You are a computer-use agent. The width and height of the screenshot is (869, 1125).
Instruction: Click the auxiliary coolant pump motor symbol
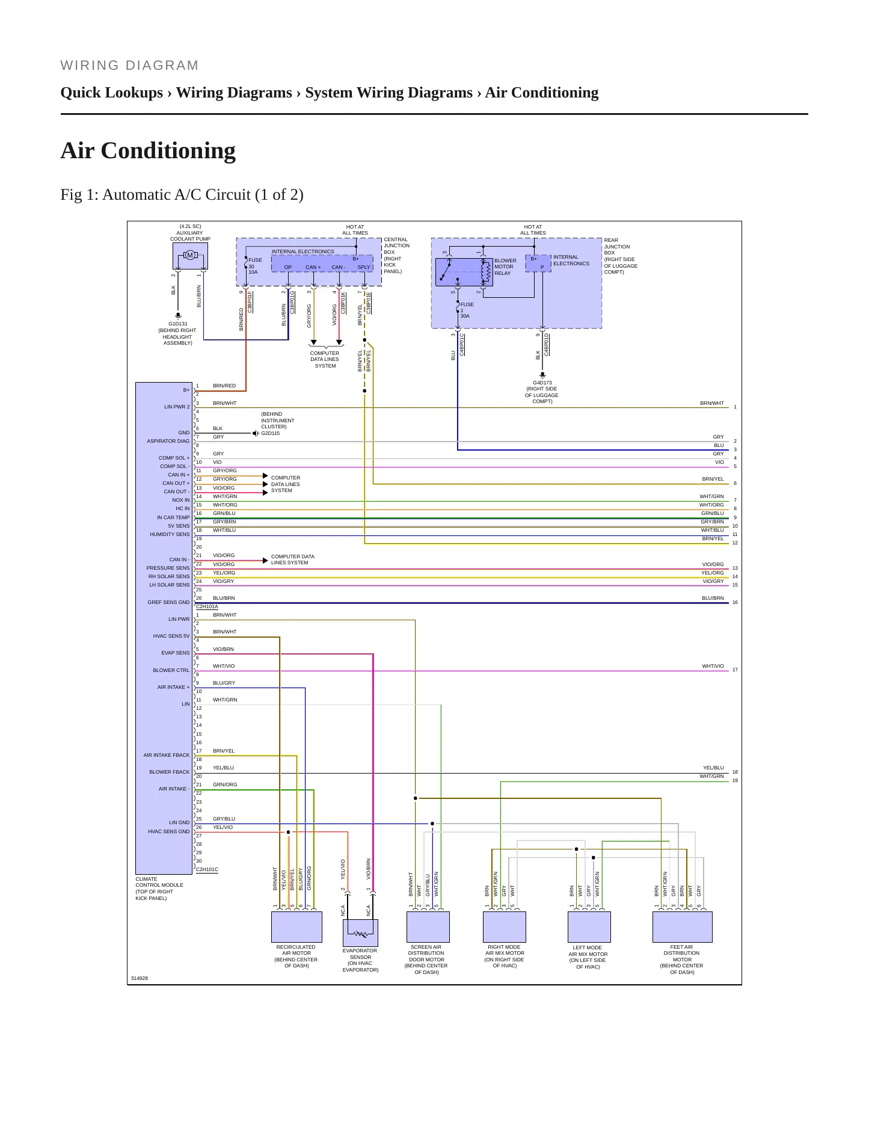point(190,256)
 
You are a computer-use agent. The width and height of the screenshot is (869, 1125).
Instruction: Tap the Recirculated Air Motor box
point(296,927)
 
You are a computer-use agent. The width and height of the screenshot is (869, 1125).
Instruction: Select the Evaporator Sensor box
point(360,932)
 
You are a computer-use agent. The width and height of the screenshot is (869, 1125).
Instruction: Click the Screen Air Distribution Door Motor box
point(428,927)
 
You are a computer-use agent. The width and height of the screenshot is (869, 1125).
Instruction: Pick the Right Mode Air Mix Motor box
point(505,927)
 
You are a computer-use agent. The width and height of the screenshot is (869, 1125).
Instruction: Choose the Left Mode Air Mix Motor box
point(589,927)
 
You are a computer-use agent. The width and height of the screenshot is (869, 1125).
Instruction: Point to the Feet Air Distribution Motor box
point(683,927)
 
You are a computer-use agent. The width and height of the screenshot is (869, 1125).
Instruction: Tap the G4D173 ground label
point(542,383)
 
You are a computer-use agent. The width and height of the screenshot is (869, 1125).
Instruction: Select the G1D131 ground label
point(178,324)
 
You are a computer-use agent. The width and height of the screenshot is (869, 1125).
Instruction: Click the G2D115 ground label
point(271,433)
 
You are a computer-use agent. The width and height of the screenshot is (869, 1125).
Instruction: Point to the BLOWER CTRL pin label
point(171,670)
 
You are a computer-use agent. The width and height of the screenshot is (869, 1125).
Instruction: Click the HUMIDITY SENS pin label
point(170,534)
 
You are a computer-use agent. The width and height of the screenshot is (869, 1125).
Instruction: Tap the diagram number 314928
point(140,978)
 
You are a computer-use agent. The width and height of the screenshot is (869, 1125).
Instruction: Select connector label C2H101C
point(207,869)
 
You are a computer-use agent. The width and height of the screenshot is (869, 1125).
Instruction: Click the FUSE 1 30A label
point(467,310)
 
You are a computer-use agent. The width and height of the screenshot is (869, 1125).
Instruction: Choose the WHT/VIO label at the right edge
point(713,666)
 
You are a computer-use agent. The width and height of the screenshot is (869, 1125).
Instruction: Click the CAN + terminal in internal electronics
point(313,267)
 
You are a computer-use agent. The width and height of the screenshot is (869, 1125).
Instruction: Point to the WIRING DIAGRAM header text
point(129,66)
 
